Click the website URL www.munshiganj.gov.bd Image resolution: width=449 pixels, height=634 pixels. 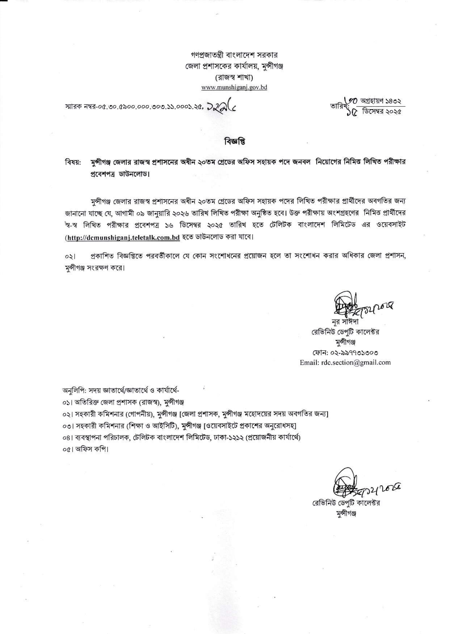(234, 88)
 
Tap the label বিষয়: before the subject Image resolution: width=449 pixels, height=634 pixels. (72, 162)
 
